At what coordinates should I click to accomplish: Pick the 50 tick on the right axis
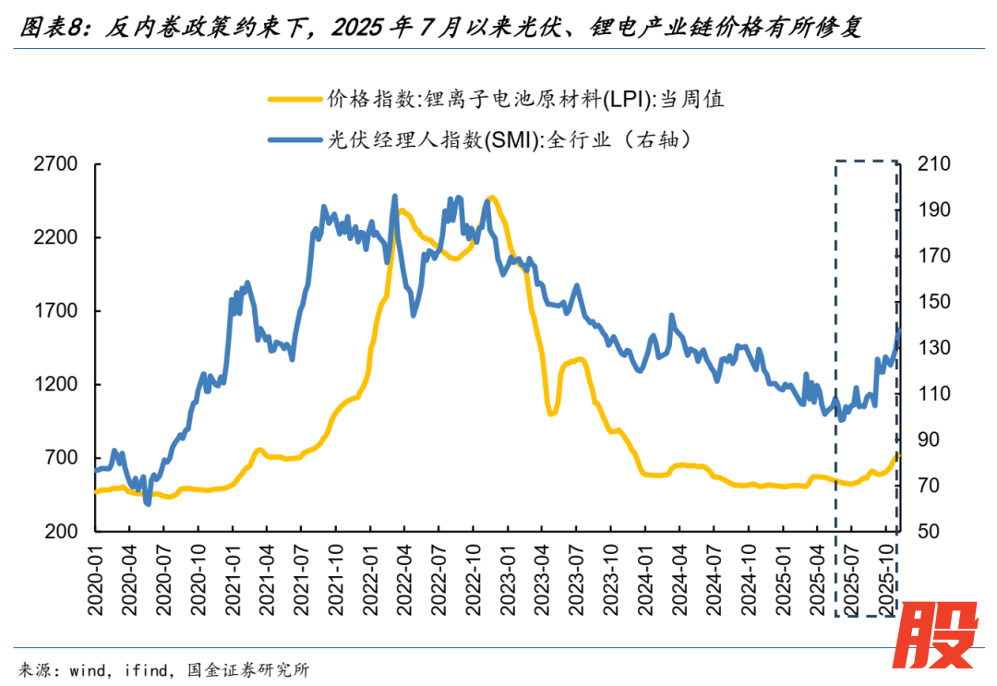pos(926,532)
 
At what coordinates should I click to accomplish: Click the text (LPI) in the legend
pos(628,99)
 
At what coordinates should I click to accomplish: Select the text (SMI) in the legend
pos(513,140)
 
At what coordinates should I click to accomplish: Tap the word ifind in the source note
pos(149,670)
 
